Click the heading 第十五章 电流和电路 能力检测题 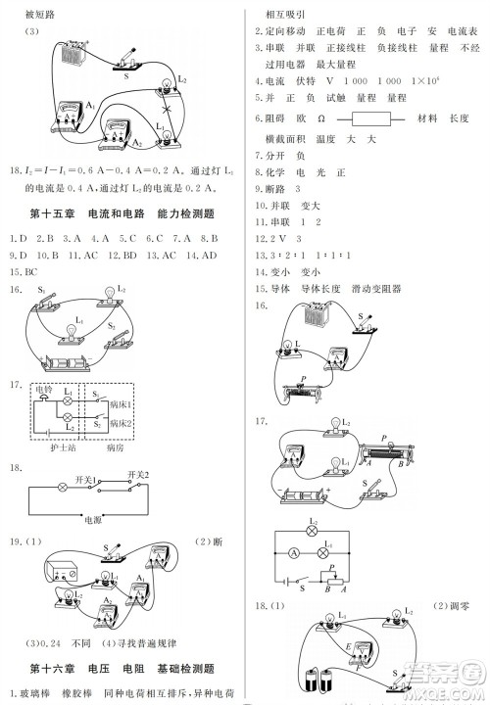pyautogui.click(x=122, y=212)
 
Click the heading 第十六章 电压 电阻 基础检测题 pyautogui.click(x=122, y=669)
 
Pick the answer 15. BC pyautogui.click(x=23, y=271)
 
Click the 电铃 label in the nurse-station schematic pyautogui.click(x=45, y=390)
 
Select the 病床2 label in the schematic pyautogui.click(x=122, y=423)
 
